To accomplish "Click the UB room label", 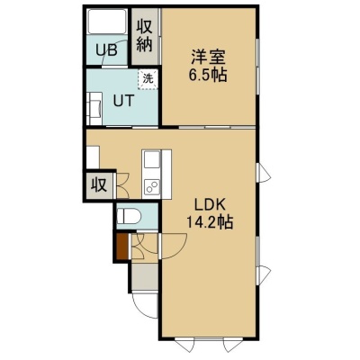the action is pos(106,50).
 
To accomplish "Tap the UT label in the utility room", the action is pos(123,101).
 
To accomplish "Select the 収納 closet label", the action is pos(145,36).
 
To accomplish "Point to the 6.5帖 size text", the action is pos(208,75).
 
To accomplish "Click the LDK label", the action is pos(210,205).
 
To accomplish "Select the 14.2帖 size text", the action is pos(210,222).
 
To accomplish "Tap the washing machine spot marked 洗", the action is pos(148,79).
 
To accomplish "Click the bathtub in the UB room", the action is pos(107,21).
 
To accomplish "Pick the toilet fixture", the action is pos(129,216).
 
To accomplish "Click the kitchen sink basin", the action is pos(152,159).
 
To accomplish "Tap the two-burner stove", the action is pos(152,187).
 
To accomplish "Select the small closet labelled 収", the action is pos(99,185).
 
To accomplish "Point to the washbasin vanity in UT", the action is pos(94,108).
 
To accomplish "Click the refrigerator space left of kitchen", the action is pos(93,157).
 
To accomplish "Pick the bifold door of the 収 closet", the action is pos(122,185).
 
